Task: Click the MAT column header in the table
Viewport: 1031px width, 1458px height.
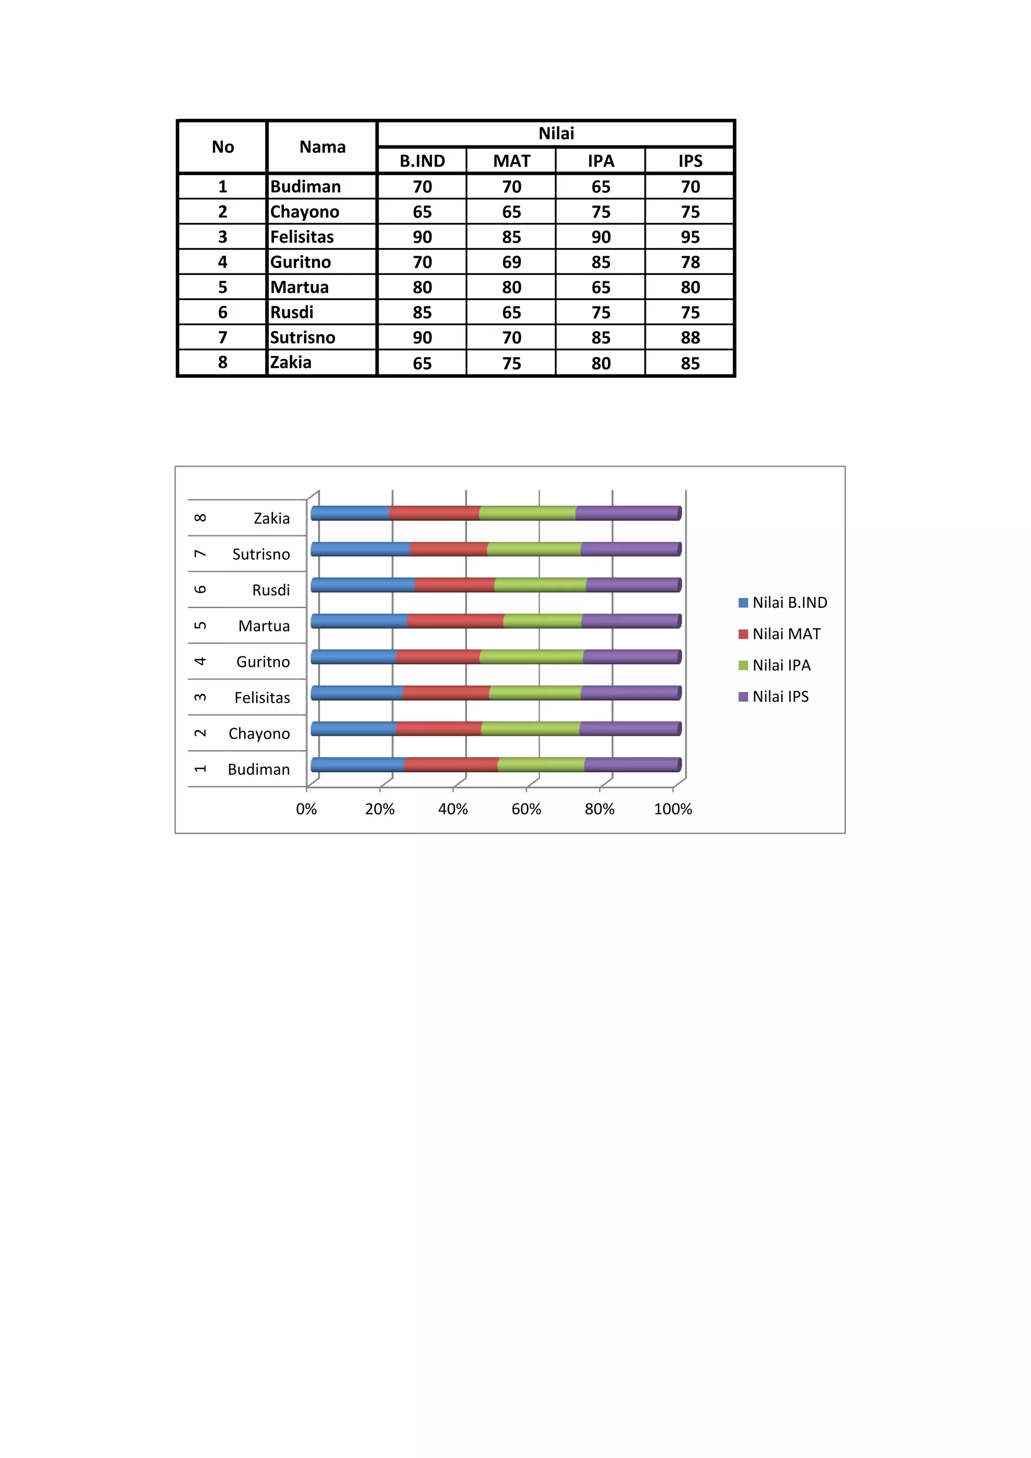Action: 511,161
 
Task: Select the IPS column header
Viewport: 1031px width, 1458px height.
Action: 690,161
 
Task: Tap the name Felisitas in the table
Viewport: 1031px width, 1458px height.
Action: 302,237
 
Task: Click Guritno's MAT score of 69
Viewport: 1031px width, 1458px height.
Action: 511,262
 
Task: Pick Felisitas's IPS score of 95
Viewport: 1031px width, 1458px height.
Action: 690,237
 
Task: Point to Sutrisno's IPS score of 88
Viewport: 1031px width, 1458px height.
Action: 690,337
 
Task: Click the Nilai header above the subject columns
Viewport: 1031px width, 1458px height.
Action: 556,133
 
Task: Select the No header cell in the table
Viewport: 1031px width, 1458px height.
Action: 223,147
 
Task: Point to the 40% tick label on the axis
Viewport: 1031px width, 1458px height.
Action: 453,809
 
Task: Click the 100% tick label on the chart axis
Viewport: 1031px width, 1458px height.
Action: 673,809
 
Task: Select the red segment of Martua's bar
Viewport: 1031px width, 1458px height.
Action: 455,621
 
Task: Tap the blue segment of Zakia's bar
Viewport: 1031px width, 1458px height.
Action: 350,513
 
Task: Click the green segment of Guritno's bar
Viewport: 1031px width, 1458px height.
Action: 532,657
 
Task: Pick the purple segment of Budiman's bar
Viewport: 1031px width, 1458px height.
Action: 632,765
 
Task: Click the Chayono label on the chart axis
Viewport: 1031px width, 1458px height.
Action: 259,734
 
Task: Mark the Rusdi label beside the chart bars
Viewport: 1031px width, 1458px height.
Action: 271,590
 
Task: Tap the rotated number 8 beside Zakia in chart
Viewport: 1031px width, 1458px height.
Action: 200,518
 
